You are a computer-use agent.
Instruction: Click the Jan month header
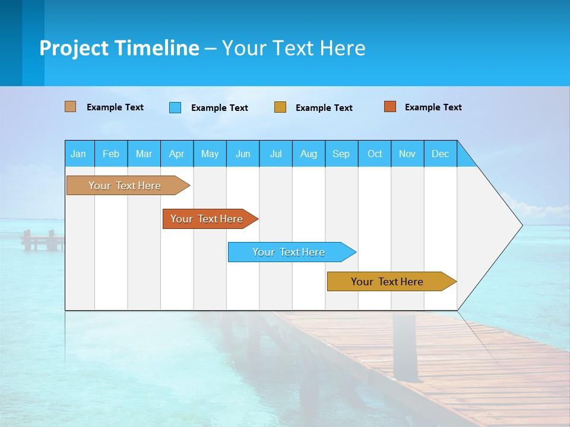point(79,154)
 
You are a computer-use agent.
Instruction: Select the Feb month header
point(111,154)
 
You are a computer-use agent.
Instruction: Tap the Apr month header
point(177,154)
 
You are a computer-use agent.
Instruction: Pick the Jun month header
point(243,154)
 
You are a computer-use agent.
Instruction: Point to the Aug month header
point(309,154)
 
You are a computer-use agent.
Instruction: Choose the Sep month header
point(341,154)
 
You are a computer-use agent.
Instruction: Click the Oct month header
point(375,154)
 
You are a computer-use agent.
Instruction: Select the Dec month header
point(441,154)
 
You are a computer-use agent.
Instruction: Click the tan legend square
point(71,107)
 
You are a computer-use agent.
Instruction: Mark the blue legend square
point(175,107)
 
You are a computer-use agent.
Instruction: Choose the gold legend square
point(280,107)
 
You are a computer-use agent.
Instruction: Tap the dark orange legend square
point(390,107)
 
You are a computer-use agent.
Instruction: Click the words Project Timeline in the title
point(119,48)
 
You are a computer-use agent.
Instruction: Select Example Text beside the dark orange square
point(433,107)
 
